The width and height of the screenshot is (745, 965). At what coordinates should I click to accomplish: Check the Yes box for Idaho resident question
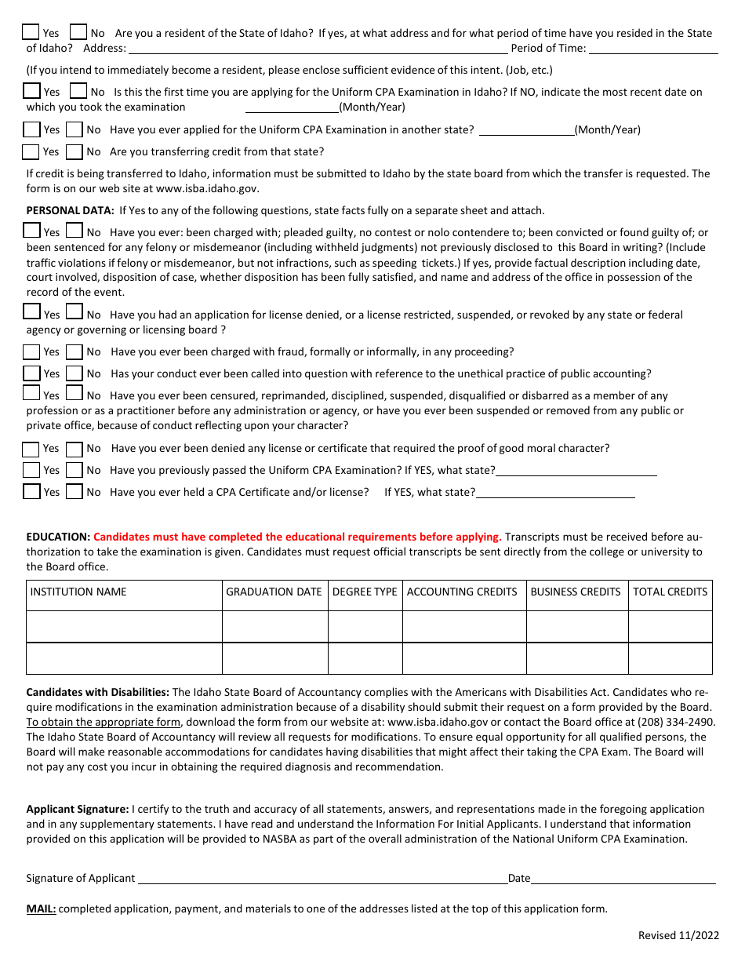[x=31, y=32]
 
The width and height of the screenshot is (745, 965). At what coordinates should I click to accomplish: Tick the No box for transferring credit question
[x=74, y=151]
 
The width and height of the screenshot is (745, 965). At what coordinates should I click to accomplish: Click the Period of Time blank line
[x=652, y=49]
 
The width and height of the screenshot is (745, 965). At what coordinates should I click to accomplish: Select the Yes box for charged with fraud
[x=31, y=351]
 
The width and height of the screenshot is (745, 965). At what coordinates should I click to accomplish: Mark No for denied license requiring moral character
[x=74, y=449]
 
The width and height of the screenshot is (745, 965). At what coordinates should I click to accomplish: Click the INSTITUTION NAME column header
[x=78, y=592]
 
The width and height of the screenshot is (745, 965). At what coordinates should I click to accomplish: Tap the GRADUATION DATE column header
[x=274, y=592]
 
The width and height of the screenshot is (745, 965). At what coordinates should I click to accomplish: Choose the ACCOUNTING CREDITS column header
[x=462, y=592]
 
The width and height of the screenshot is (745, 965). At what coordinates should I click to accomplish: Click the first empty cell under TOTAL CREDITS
[x=670, y=627]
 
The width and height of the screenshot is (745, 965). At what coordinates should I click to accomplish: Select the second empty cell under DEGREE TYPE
[x=365, y=658]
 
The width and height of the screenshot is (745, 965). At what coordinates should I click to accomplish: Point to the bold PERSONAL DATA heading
[x=71, y=210]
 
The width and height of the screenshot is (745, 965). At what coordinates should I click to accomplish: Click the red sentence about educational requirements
[x=297, y=537]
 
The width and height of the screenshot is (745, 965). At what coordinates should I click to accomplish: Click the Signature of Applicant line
[x=322, y=879]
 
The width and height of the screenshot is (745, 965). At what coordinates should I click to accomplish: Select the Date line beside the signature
[x=623, y=879]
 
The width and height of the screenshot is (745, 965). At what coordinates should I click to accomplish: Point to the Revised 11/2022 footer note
[x=678, y=935]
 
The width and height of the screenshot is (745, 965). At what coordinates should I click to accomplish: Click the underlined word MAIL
[x=41, y=909]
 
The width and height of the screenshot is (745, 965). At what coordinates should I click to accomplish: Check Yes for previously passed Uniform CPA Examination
[x=31, y=471]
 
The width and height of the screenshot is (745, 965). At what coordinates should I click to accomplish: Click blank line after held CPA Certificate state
[x=555, y=493]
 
